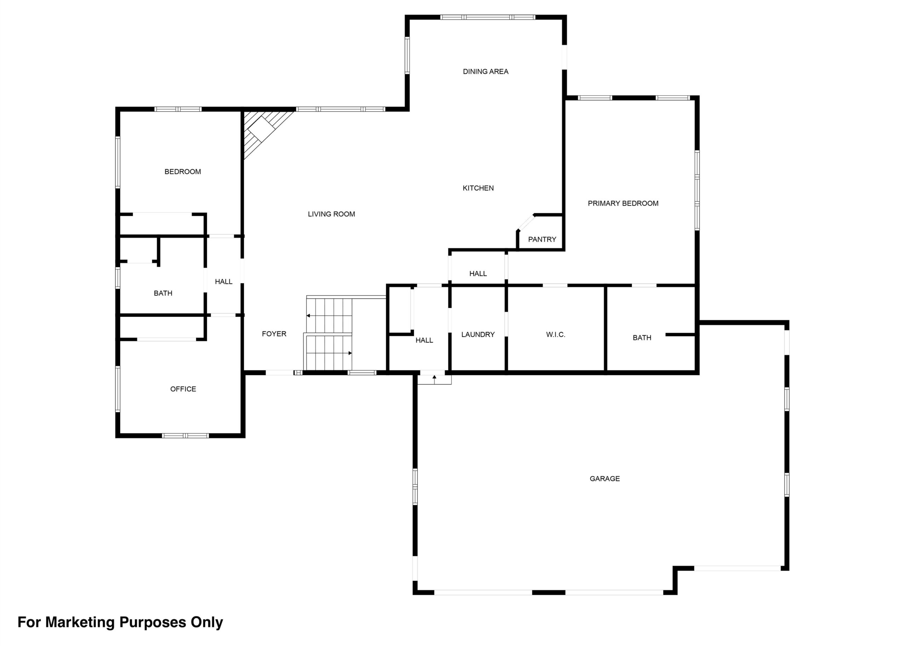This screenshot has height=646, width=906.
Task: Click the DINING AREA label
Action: click(x=486, y=72)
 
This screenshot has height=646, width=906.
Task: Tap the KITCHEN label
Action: click(x=478, y=188)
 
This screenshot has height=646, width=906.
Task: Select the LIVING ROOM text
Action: click(x=331, y=214)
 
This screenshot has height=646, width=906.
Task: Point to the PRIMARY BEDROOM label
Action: click(x=623, y=203)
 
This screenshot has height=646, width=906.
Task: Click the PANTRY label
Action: click(x=542, y=239)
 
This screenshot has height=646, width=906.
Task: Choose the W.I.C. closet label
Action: click(x=556, y=335)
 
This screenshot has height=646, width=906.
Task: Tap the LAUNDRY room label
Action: click(x=478, y=335)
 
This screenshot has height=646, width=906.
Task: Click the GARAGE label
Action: click(x=605, y=478)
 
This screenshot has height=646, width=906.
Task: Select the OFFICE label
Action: click(x=183, y=389)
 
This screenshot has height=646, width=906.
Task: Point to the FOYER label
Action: click(x=274, y=334)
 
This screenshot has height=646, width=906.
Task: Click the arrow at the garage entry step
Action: click(x=434, y=379)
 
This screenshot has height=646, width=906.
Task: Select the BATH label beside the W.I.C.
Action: click(x=642, y=338)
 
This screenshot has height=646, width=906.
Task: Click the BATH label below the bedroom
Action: click(x=163, y=293)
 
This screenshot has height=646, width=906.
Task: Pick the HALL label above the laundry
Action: click(x=478, y=274)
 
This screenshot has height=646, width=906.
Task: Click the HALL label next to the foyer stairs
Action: click(x=424, y=340)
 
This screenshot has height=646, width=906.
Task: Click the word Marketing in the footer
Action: click(x=80, y=622)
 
